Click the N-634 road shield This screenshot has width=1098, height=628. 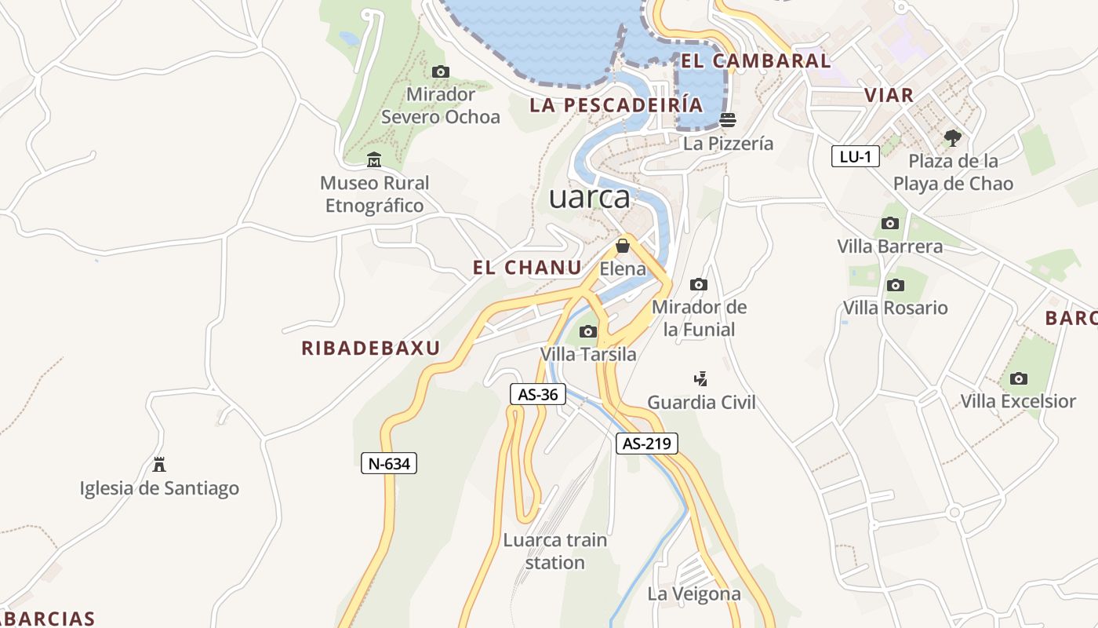(389, 463)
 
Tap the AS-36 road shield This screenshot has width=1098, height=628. (538, 394)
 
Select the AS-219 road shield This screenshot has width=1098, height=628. (646, 444)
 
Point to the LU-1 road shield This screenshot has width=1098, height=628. (855, 156)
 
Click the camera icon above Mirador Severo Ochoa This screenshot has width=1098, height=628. (441, 71)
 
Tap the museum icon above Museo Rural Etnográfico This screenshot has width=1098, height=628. (374, 160)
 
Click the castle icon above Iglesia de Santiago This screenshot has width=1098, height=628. (159, 464)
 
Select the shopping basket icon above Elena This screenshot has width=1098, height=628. (623, 246)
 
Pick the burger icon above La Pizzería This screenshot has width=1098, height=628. (728, 120)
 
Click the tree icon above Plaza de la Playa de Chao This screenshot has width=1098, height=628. (953, 138)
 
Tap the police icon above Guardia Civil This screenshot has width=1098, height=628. (701, 378)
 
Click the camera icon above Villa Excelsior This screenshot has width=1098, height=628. (1019, 378)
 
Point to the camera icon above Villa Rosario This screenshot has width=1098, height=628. (895, 285)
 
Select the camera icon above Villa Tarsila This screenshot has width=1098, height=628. (588, 331)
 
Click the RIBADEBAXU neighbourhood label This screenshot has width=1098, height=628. (371, 349)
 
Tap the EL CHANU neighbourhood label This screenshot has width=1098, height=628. (527, 268)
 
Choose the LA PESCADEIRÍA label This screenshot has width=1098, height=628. (616, 105)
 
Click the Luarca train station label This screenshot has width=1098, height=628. (555, 551)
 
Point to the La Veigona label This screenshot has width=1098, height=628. (694, 593)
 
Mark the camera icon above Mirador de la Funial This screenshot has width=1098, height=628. (699, 284)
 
